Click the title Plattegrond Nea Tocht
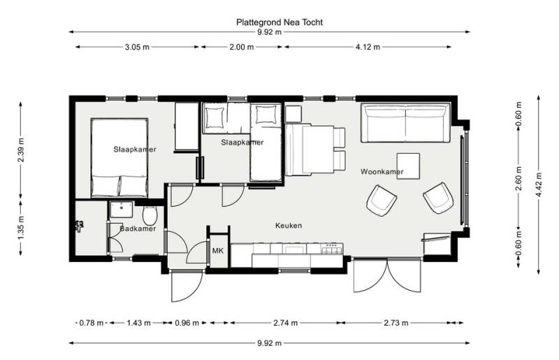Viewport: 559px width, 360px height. [x=279, y=22]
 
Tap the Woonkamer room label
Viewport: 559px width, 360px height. [x=382, y=171]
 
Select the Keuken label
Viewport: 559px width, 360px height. [x=289, y=226]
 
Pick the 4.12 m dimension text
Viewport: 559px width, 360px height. [x=367, y=47]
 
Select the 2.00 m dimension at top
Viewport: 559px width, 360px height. [x=241, y=47]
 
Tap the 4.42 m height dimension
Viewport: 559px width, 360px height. [x=538, y=185]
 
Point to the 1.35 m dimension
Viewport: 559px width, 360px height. [x=21, y=230]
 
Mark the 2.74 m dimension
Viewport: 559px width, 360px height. [x=285, y=323]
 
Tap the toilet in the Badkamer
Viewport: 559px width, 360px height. [x=150, y=214]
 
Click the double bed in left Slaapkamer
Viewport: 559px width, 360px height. [x=119, y=157]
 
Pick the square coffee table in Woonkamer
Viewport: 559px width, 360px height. [x=409, y=166]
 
